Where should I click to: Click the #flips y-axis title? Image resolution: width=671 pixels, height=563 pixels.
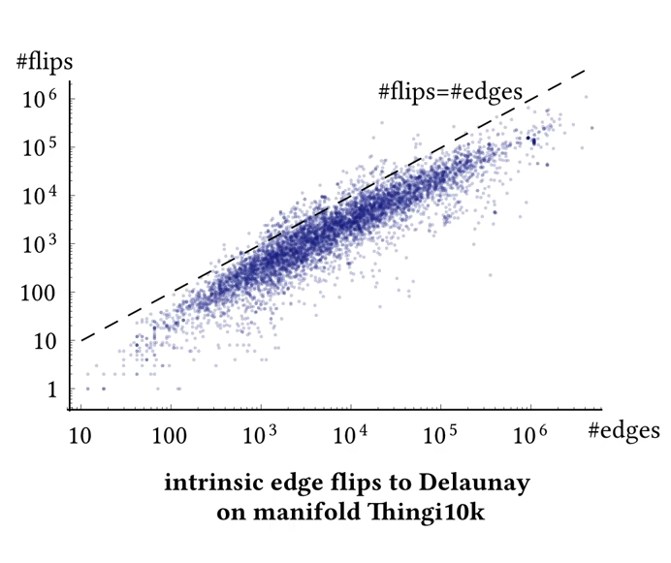click(46, 63)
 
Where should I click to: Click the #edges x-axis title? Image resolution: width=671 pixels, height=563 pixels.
click(623, 430)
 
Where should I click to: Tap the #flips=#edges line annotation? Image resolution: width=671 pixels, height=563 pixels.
click(450, 92)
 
